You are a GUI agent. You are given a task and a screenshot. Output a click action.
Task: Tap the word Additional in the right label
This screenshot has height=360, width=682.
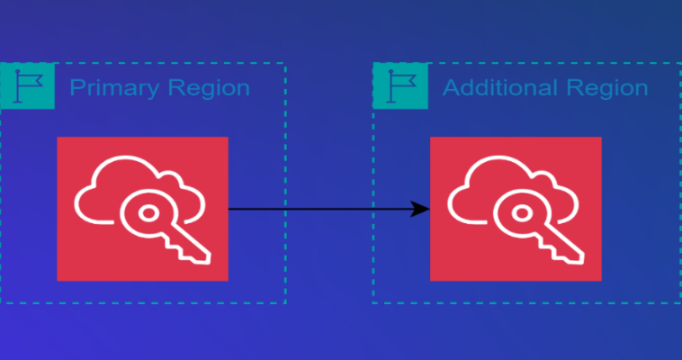[497, 88]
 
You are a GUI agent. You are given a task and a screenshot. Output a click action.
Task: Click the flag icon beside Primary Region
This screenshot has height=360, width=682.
[28, 86]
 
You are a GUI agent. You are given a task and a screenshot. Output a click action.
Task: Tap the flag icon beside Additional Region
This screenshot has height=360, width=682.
[400, 86]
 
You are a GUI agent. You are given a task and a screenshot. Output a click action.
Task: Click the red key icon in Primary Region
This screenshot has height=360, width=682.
[142, 209]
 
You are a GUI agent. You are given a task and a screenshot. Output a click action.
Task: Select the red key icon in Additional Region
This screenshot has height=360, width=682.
[516, 209]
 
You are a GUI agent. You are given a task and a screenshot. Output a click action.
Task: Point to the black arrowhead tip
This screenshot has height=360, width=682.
[428, 209]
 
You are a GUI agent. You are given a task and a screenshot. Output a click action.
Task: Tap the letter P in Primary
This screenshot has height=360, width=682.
[76, 88]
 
